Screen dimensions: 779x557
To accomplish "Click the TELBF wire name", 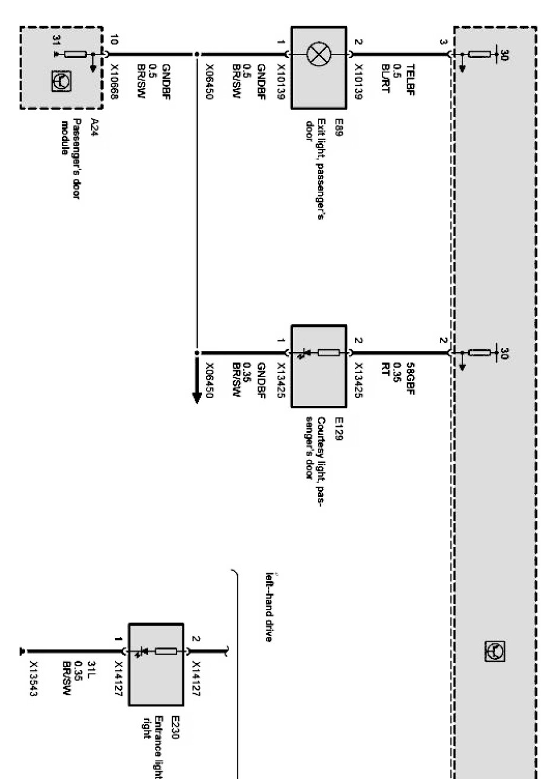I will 409,79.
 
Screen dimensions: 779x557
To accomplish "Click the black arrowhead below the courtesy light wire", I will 197,395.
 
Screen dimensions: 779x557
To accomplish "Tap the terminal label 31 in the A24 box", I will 56,40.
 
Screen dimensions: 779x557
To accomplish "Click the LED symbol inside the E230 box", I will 141,652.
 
